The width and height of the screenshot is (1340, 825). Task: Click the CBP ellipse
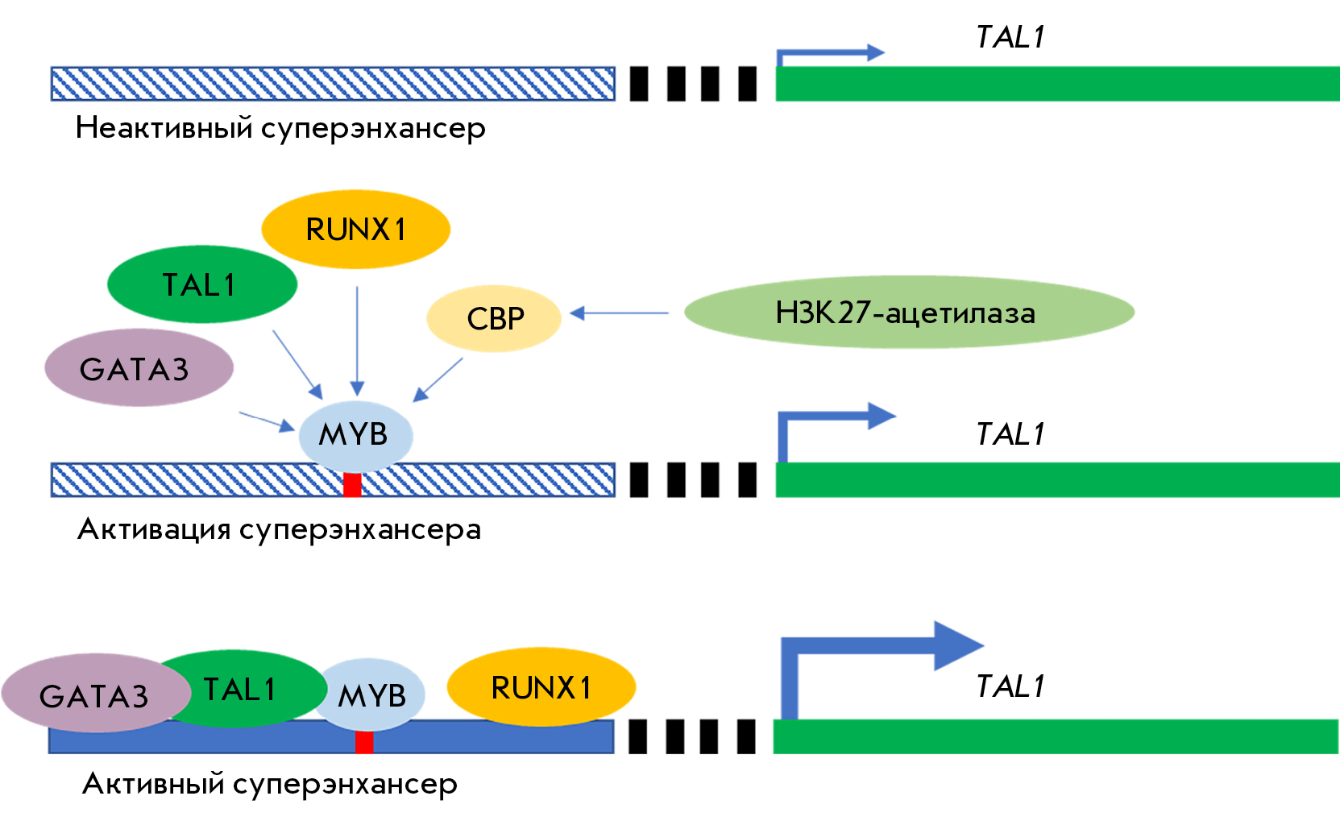493,318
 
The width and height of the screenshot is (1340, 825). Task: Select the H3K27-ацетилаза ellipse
909,313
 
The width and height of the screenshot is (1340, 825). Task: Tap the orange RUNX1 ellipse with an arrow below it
356,229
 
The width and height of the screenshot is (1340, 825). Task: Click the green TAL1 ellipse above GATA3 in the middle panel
202,284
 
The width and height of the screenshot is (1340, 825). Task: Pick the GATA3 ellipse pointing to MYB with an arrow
139,367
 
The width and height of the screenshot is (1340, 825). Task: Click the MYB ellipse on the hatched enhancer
356,435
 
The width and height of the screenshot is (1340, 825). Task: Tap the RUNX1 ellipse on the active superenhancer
541,686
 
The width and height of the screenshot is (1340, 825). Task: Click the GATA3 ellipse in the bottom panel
96,693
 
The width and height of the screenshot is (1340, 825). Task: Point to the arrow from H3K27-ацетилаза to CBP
619,313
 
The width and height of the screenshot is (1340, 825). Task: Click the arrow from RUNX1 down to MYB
357,341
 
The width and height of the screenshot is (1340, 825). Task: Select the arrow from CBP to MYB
438,380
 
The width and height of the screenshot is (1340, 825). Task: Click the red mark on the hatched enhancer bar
352,484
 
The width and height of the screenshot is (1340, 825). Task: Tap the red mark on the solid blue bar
364,742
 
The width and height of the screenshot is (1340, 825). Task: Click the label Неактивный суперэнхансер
280,128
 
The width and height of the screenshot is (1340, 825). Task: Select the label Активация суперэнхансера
280,529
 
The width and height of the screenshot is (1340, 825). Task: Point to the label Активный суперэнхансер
270,784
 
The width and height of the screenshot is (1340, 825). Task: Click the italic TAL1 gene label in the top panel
1010,37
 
